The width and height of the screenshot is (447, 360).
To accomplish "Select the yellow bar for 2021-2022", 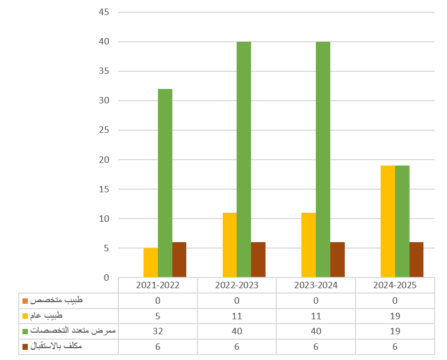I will click(150, 262).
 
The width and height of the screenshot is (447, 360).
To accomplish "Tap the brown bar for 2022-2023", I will click(258, 260).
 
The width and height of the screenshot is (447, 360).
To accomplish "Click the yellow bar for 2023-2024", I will click(308, 245).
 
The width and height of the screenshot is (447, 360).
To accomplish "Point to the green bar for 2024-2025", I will click(402, 221).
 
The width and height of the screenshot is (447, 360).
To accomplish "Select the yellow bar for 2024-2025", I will click(388, 221).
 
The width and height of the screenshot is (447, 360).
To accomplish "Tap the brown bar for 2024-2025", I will click(416, 260).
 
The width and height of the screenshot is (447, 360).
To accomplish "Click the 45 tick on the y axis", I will click(104, 12).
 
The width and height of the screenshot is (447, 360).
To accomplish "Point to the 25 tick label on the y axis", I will click(104, 130).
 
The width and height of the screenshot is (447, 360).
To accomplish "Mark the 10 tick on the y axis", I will click(104, 219).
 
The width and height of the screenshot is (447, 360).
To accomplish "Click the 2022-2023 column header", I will click(237, 285).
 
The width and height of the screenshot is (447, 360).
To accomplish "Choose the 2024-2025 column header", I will click(395, 285).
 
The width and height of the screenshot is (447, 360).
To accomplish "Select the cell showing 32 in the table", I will click(157, 331).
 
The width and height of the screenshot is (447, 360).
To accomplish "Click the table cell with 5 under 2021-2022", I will click(157, 316).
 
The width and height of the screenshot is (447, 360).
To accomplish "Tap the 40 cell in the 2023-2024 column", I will click(316, 331).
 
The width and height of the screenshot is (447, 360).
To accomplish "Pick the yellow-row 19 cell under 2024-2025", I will click(395, 316).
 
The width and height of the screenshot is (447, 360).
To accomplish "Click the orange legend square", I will click(25, 301).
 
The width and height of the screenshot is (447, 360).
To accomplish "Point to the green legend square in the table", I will click(25, 332).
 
